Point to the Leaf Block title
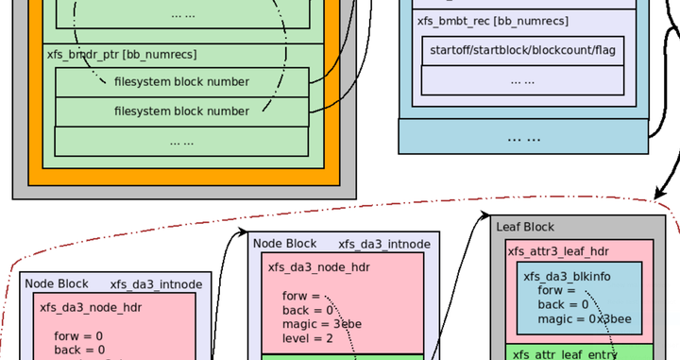525,227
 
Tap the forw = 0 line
79,335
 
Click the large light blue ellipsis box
523,137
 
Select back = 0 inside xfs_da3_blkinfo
563,304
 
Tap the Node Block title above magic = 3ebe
284,244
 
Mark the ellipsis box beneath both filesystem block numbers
181,141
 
